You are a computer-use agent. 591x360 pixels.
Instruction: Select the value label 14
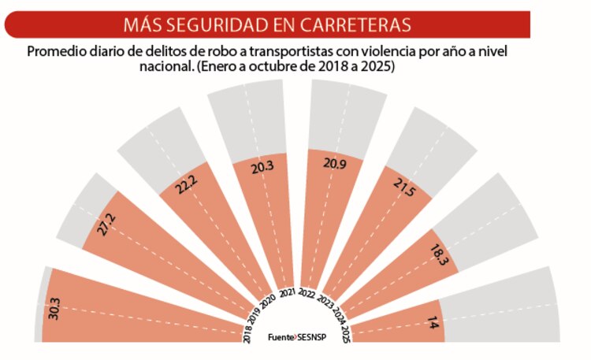coord(432,321)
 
